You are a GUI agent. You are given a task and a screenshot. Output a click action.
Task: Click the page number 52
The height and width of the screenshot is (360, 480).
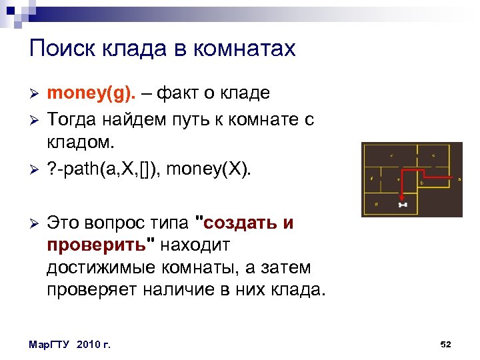tap(446, 344)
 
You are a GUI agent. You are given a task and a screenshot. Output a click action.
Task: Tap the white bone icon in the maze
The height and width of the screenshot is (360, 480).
tap(402, 205)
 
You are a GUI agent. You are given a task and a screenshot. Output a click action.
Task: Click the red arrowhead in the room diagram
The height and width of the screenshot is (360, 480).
tap(402, 197)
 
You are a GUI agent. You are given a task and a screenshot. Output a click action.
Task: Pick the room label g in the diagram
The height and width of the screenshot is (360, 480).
tap(377, 203)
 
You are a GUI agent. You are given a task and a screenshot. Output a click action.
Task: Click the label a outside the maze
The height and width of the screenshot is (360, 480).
tap(459, 179)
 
